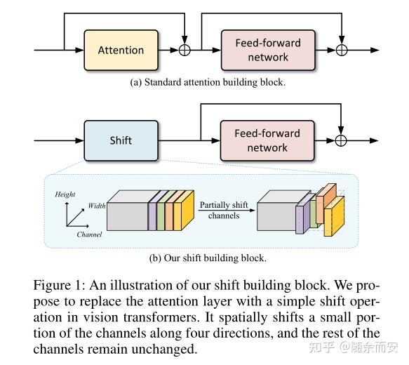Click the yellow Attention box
pos(121,50)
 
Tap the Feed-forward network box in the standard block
pos(267,50)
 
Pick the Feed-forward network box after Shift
pos(267,140)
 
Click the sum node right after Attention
pos(185,50)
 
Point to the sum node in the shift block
pos(342,140)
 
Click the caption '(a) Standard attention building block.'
pos(208,83)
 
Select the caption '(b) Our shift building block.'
pos(208,258)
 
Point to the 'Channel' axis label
pos(89,234)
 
